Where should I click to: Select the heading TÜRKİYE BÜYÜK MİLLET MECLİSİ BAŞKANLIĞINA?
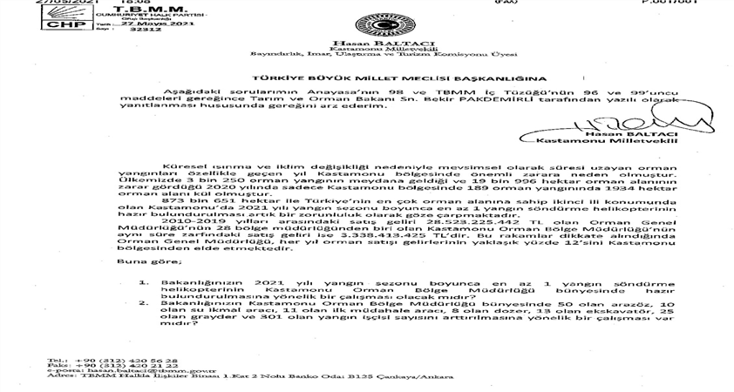[366, 78]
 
